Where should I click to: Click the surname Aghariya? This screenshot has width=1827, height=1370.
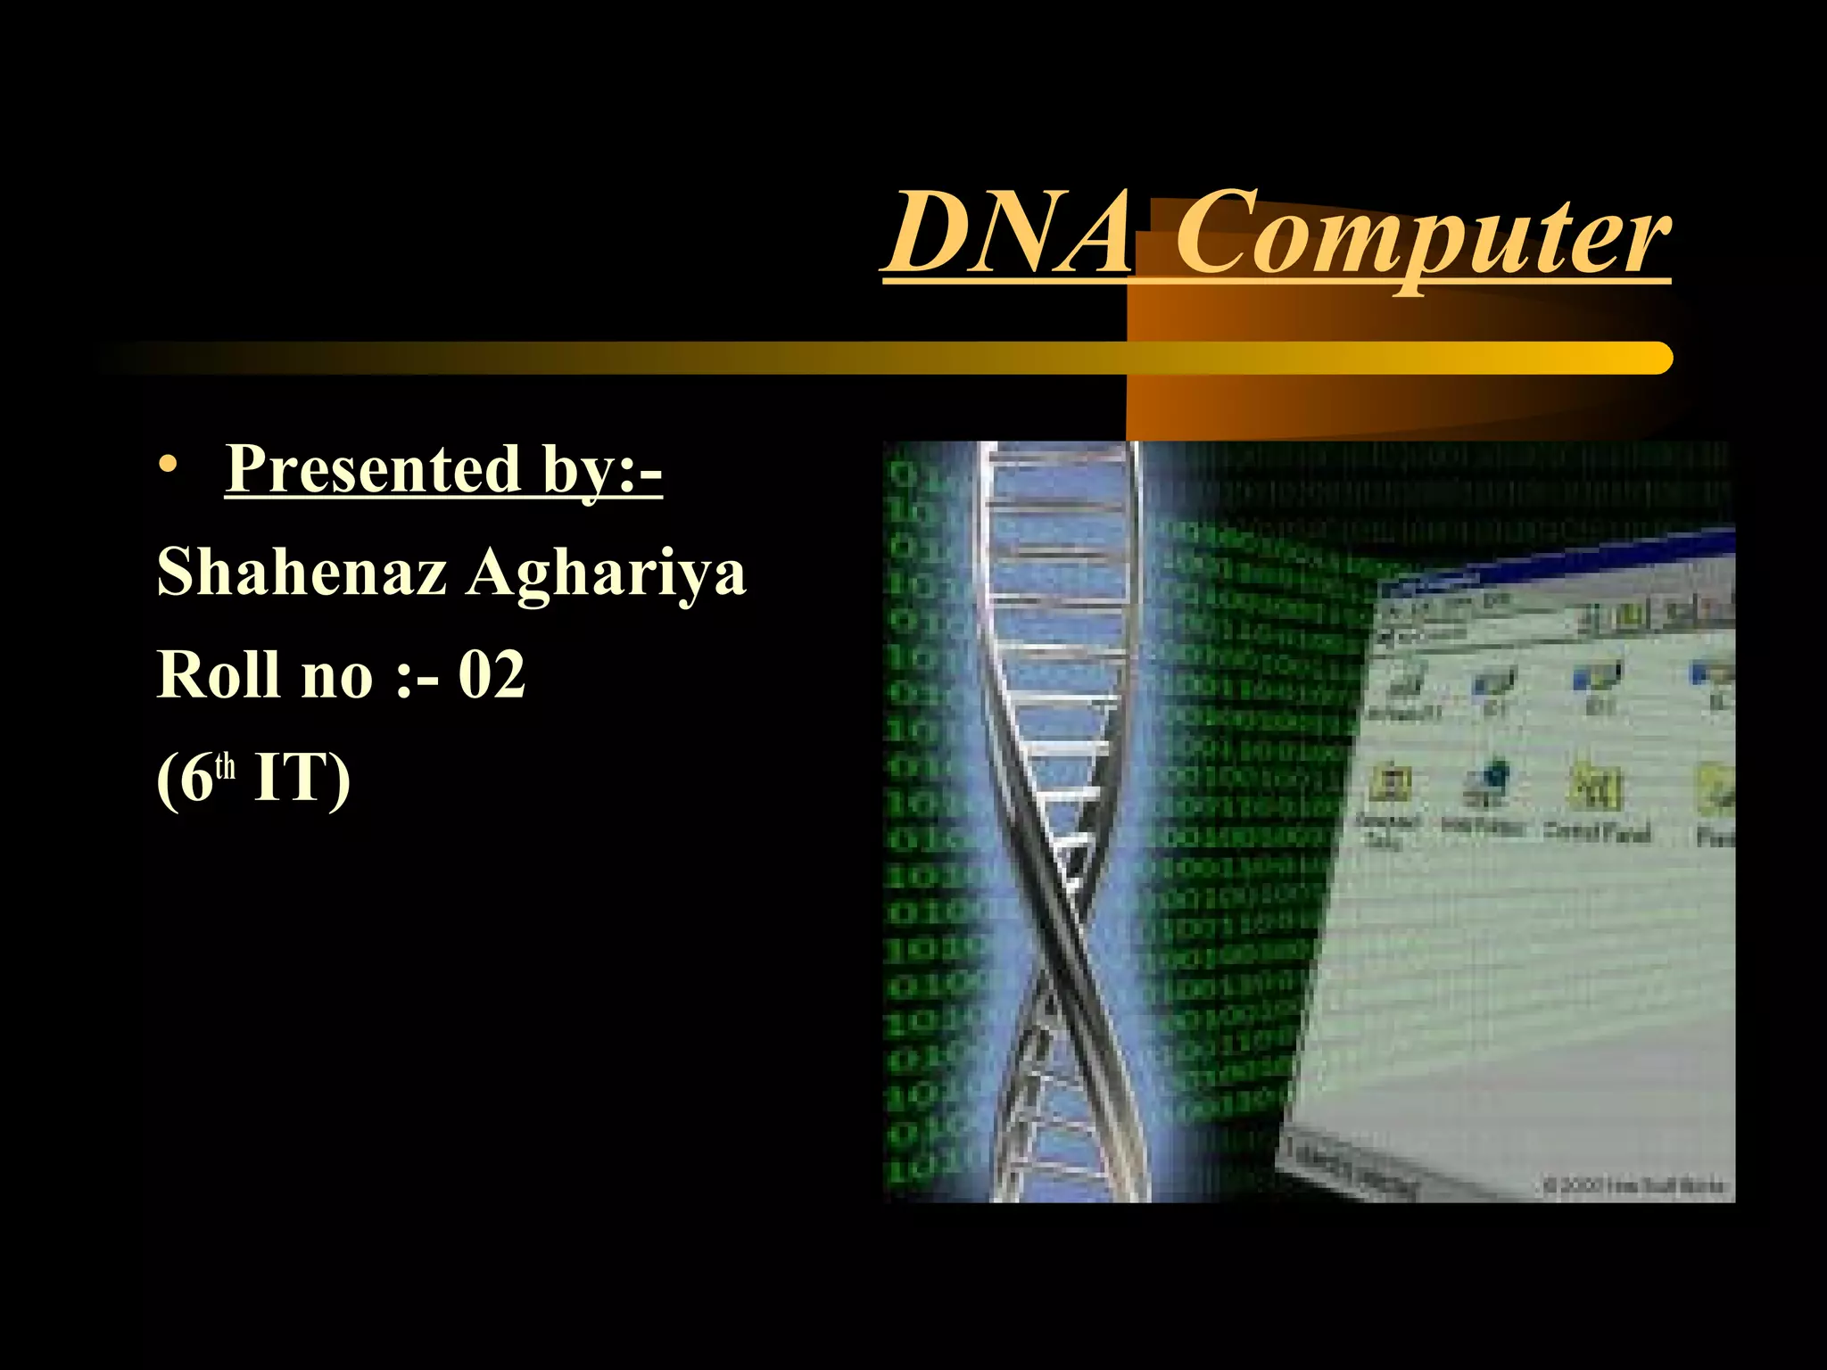click(x=607, y=574)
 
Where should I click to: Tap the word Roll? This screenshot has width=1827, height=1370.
click(x=219, y=674)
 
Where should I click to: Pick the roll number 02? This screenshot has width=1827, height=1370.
click(x=492, y=674)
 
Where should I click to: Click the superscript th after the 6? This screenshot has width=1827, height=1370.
click(x=226, y=767)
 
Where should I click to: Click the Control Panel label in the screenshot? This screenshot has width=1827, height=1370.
click(x=1597, y=831)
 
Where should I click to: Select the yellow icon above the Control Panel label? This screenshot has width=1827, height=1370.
click(x=1595, y=785)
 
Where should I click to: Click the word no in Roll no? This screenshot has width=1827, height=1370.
click(x=337, y=676)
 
